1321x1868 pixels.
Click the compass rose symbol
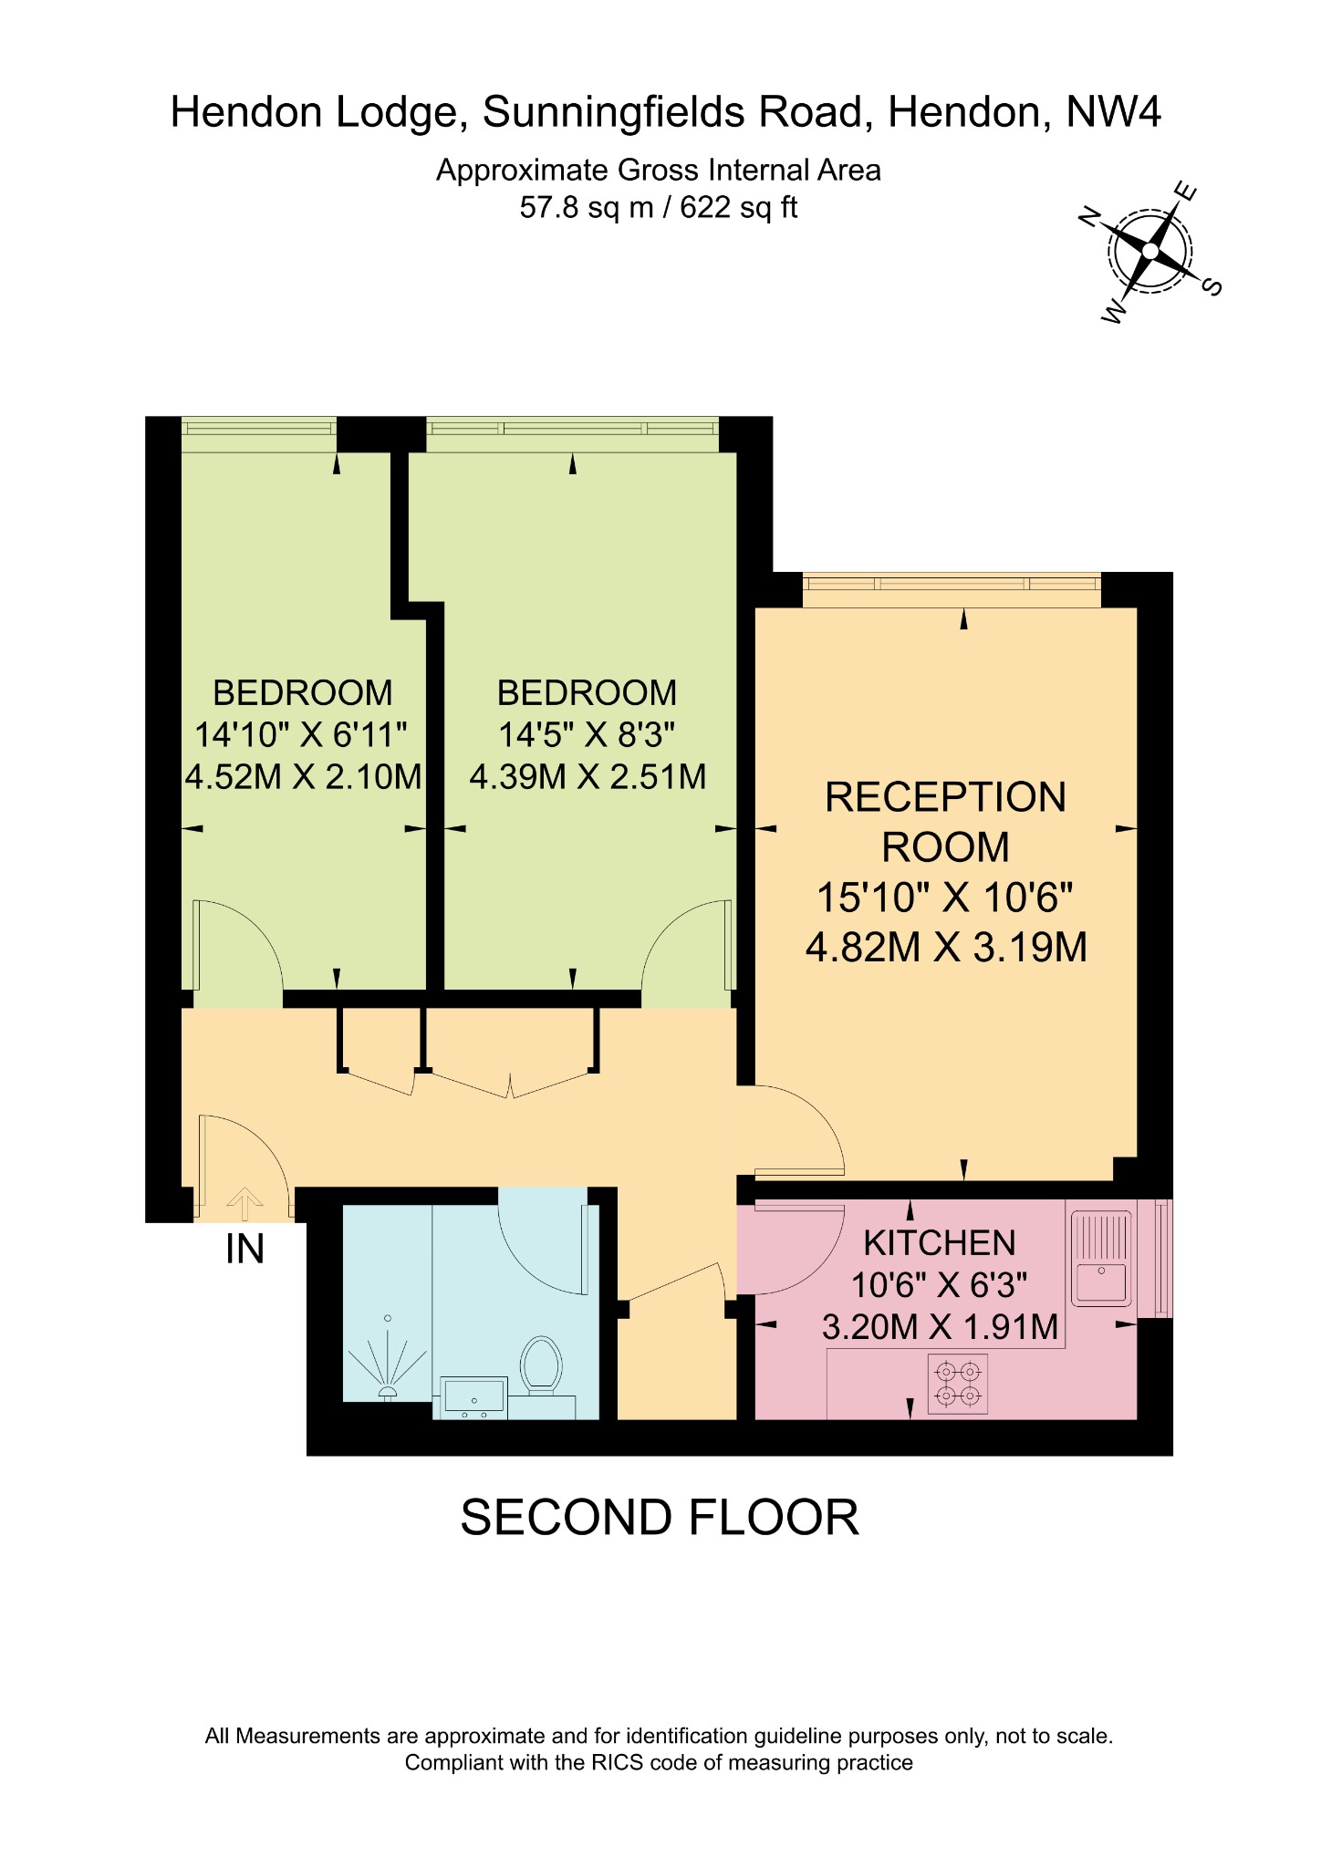point(1149,251)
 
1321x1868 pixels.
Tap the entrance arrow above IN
point(244,1203)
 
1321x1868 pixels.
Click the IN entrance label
point(244,1249)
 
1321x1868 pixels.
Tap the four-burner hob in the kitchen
point(958,1384)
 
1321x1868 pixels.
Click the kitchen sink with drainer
point(1101,1258)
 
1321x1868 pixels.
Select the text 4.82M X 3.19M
point(946,948)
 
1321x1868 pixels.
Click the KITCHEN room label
point(940,1243)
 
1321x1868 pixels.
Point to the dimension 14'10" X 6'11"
point(301,734)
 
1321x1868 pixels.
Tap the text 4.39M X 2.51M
point(588,777)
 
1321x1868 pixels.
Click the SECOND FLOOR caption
point(660,1518)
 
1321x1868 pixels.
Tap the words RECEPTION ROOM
point(946,822)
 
